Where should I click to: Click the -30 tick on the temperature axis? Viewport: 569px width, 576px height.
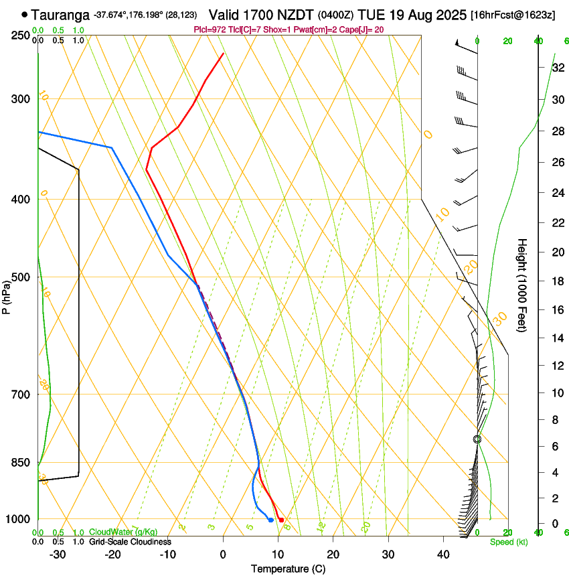(58, 555)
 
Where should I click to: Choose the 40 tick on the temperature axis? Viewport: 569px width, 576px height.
(443, 555)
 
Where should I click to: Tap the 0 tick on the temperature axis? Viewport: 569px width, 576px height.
(223, 555)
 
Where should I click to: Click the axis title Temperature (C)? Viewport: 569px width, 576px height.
(288, 569)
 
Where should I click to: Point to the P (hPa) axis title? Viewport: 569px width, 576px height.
(7, 295)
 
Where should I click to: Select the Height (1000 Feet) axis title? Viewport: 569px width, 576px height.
(522, 285)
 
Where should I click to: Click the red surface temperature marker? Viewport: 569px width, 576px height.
(281, 520)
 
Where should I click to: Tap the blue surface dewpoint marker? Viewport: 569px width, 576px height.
(270, 520)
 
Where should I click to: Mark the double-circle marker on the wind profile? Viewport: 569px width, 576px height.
(477, 439)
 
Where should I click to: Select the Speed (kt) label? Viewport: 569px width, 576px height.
(508, 542)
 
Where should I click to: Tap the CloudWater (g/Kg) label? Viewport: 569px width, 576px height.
(123, 532)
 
